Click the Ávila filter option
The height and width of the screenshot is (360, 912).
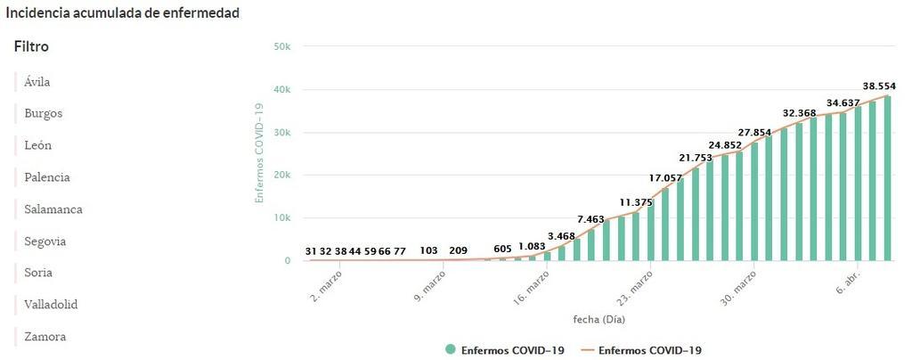(37, 82)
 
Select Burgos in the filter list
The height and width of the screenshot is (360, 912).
(43, 114)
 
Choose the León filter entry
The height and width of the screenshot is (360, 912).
(38, 145)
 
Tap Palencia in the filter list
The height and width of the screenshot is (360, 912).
(46, 177)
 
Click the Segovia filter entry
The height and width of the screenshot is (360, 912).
(45, 241)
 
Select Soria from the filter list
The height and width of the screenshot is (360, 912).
(38, 273)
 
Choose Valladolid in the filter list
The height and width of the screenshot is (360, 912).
(51, 305)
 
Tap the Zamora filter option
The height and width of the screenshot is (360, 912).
(45, 337)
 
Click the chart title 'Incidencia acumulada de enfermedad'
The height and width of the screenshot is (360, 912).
(123, 13)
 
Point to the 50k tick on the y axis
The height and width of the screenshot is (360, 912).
(281, 46)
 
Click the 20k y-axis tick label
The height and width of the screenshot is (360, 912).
(281, 176)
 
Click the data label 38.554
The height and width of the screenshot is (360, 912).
(879, 86)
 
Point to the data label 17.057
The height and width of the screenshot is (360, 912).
(665, 178)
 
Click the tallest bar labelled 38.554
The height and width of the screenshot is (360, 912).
(886, 178)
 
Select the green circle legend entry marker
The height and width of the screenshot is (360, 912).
(451, 350)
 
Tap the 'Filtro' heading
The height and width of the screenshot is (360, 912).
(31, 46)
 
